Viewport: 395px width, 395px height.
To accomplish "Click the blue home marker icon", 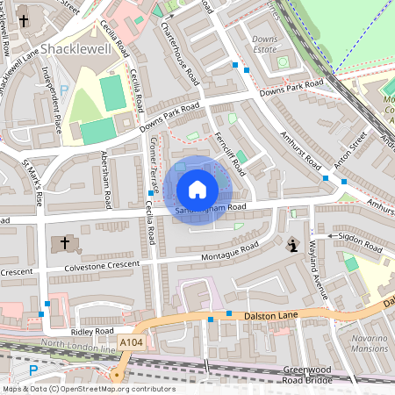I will [197, 190].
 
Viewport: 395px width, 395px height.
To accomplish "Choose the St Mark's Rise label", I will [32, 183].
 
